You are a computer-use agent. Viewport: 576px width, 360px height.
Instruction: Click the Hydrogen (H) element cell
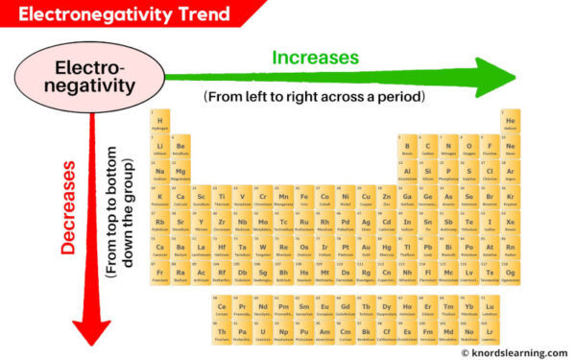click(x=159, y=123)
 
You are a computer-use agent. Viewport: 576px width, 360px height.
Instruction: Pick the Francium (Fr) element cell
click(x=159, y=276)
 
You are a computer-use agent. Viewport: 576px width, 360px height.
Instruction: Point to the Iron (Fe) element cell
click(x=304, y=199)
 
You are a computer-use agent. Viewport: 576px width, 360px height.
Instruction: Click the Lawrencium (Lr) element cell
click(x=490, y=335)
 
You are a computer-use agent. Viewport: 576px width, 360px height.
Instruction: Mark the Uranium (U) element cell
click(x=263, y=335)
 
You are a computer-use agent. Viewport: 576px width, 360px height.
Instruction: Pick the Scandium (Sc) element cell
click(x=201, y=199)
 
